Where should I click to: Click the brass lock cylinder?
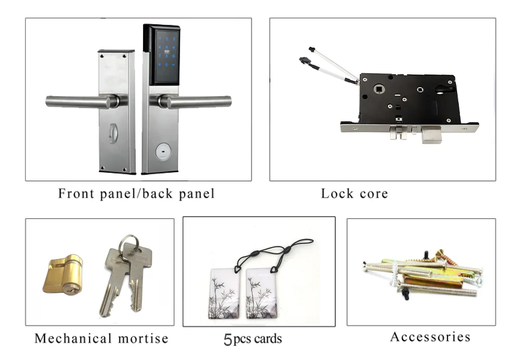click(62, 274)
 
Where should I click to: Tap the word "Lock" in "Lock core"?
click(336, 194)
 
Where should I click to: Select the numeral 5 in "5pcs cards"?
click(227, 339)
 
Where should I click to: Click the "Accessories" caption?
click(431, 337)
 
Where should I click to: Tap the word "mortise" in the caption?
click(142, 339)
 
